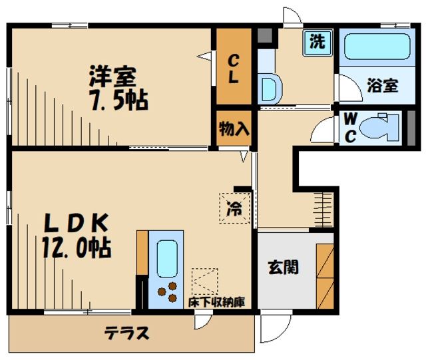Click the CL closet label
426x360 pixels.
click(234, 67)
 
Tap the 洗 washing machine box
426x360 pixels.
click(318, 43)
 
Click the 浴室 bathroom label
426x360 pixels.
click(382, 86)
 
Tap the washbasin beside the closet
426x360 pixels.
click(269, 87)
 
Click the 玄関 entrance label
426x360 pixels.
click(283, 268)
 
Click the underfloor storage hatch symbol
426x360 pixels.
click(204, 280)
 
